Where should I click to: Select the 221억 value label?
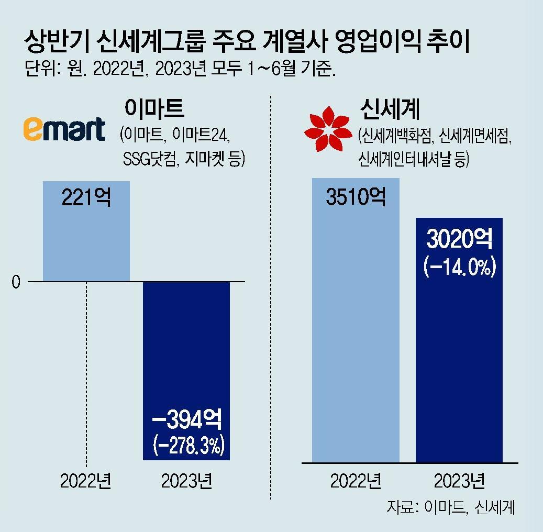[86, 198]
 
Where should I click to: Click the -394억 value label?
[187, 419]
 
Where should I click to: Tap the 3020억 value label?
[459, 240]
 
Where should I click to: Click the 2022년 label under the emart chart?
[86, 481]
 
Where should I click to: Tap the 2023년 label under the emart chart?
[187, 481]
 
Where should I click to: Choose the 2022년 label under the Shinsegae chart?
[356, 481]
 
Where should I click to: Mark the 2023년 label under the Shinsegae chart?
[459, 481]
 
